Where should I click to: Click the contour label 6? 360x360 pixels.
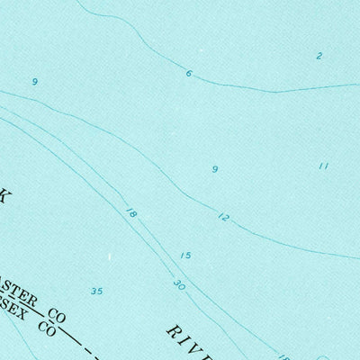[x=189, y=73]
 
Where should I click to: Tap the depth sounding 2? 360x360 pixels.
[x=319, y=56]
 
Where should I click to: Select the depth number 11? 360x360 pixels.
[x=324, y=166]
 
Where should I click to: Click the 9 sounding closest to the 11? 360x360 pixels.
[x=214, y=168]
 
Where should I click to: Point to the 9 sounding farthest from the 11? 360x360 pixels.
[x=34, y=82]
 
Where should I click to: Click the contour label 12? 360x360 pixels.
[x=223, y=217]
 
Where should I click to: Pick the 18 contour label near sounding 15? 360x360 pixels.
[x=132, y=214]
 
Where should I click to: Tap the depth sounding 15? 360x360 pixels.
[x=185, y=256]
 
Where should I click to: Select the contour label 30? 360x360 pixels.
[x=180, y=285]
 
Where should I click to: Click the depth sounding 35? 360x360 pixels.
[x=97, y=291]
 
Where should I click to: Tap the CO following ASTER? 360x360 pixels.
[x=58, y=317]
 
